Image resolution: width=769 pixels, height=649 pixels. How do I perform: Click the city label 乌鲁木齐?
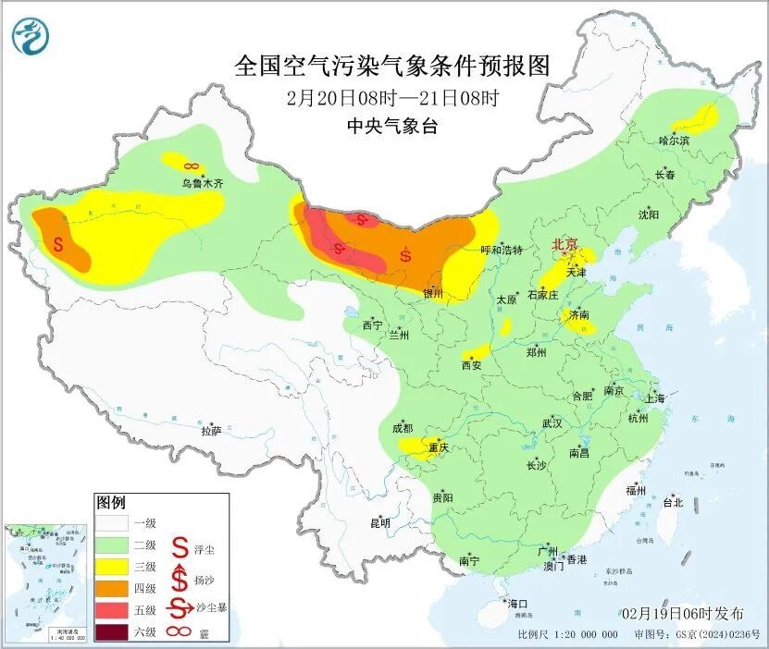point(202,184)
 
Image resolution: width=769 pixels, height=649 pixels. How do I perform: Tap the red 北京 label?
point(564,245)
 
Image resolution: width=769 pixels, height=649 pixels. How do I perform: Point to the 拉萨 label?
point(211,430)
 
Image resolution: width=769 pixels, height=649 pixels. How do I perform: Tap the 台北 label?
point(672,503)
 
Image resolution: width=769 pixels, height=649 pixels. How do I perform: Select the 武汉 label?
point(552,422)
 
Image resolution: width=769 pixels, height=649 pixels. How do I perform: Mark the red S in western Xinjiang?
point(59,246)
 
